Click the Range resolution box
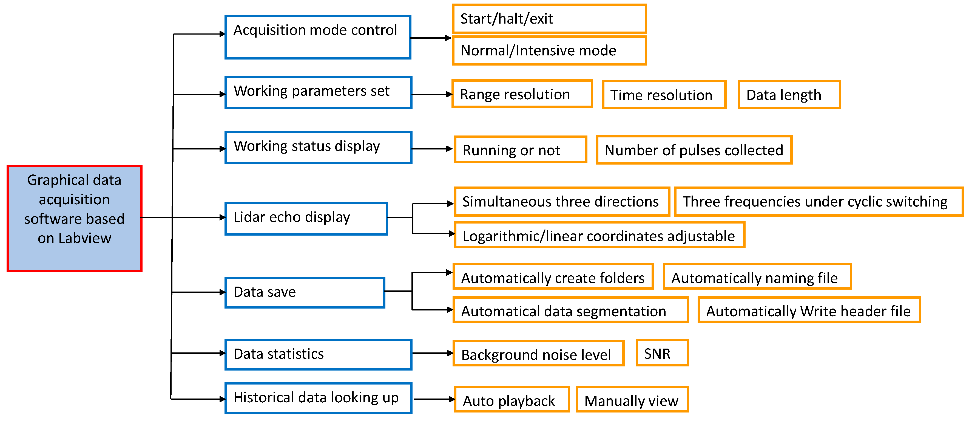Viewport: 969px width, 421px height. pyautogui.click(x=521, y=94)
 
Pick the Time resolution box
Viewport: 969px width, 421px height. pyautogui.click(x=664, y=95)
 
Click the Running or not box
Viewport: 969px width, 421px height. pyautogui.click(x=520, y=150)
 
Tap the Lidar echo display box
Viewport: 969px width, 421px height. pyautogui.click(x=306, y=219)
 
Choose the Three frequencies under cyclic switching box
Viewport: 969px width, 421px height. pyautogui.click(x=818, y=202)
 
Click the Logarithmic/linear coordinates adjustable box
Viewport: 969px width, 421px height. pyautogui.click(x=599, y=235)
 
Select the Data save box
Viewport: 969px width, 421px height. pyautogui.click(x=305, y=293)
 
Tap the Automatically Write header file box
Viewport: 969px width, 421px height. pyautogui.click(x=809, y=310)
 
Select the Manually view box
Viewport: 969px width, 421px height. pyautogui.click(x=632, y=400)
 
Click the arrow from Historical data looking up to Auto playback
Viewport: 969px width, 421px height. pyautogui.click(x=434, y=399)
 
